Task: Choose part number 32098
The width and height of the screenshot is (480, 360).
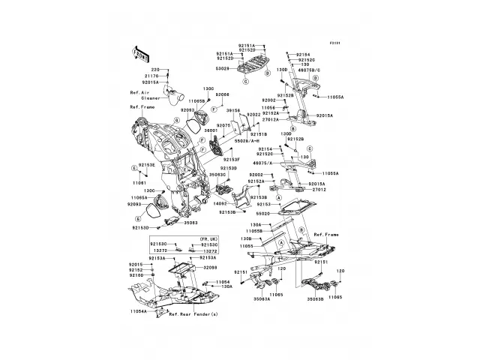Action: (210, 267)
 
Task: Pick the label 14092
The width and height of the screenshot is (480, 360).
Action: (220, 203)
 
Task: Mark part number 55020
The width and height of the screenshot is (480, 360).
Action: (265, 213)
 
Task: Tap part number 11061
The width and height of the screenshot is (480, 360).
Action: (140, 183)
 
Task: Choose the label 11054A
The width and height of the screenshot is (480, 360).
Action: (138, 310)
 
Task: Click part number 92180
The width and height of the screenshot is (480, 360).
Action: (136, 275)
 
